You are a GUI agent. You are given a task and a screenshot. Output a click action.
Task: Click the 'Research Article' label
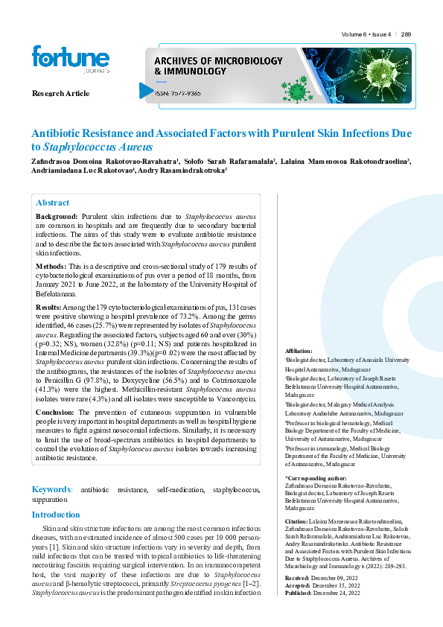point(61,93)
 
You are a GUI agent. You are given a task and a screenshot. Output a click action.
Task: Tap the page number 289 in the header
point(406,35)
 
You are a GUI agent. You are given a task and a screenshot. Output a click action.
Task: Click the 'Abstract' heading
point(52,203)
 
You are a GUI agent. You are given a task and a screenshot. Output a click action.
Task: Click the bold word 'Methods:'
point(51,266)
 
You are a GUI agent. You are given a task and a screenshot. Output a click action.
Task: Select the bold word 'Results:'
point(49,307)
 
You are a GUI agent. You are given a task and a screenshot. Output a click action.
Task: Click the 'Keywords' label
point(51,490)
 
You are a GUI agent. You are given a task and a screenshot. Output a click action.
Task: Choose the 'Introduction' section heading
point(56,515)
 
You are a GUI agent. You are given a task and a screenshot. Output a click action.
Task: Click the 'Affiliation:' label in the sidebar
point(299,350)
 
